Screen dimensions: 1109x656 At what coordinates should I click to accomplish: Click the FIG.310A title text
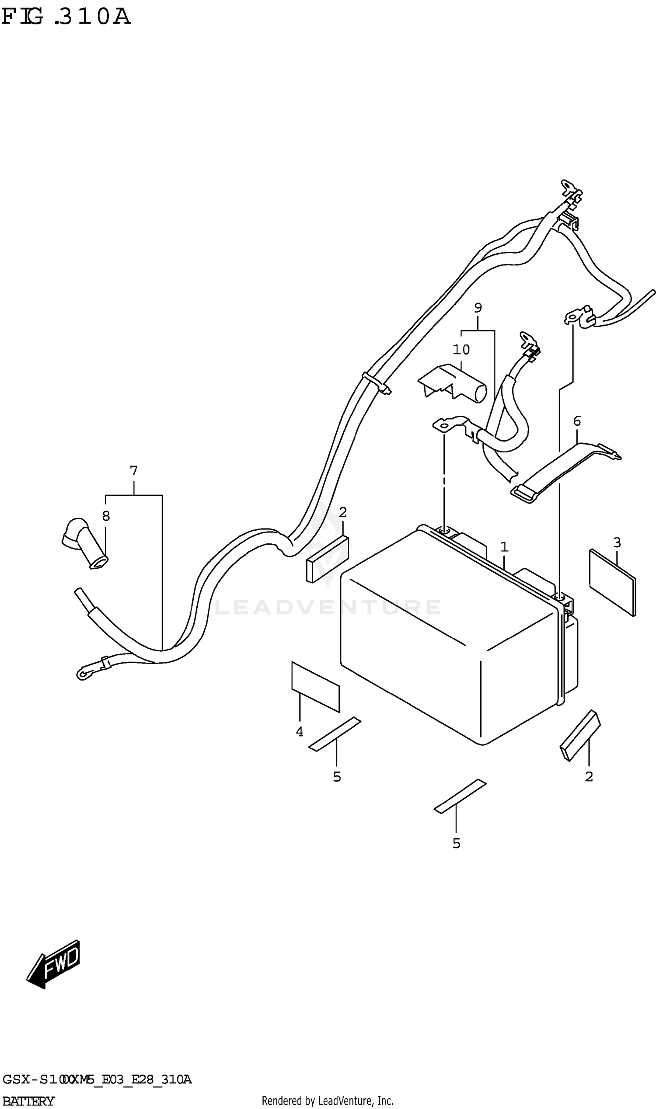(x=66, y=17)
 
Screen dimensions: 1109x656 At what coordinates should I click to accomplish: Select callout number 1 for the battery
(x=504, y=547)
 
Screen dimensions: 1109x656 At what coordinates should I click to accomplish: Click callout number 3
(x=617, y=542)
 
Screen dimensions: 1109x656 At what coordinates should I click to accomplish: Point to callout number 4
(x=300, y=732)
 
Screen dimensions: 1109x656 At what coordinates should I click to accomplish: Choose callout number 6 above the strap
(x=577, y=421)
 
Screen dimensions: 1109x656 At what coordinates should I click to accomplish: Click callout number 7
(x=133, y=470)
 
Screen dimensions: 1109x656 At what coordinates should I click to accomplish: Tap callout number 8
(x=106, y=516)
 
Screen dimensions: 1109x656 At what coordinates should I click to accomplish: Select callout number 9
(x=478, y=307)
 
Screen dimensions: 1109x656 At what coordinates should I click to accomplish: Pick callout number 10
(x=461, y=350)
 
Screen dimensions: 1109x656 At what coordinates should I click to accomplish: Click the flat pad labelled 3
(x=613, y=582)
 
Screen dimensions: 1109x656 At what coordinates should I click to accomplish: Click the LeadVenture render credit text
(x=328, y=1100)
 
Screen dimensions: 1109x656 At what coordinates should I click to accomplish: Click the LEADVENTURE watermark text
(x=328, y=607)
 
